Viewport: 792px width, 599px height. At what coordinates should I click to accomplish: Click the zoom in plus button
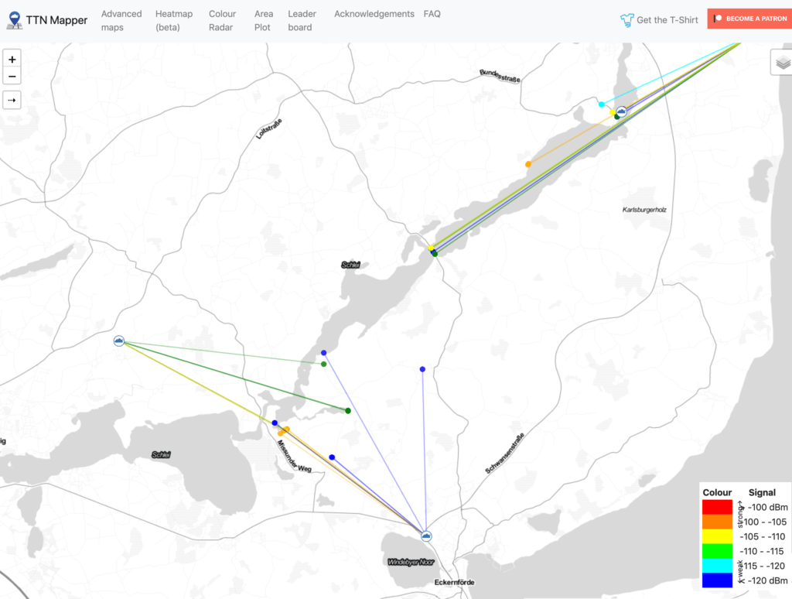(12, 60)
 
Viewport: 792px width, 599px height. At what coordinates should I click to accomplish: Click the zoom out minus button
(12, 77)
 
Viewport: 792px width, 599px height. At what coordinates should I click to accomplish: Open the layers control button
(783, 63)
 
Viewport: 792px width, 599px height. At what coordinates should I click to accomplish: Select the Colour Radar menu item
(223, 20)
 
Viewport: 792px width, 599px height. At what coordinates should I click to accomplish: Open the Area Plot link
(264, 20)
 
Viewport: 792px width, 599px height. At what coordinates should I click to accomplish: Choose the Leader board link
(302, 20)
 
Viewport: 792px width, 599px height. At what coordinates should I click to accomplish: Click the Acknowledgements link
(374, 14)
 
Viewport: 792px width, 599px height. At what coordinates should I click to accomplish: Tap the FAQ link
(432, 14)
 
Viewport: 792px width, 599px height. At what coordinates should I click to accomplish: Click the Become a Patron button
(746, 19)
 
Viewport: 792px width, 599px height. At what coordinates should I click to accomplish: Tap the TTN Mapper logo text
(56, 19)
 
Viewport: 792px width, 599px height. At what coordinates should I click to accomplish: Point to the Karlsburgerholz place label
(644, 210)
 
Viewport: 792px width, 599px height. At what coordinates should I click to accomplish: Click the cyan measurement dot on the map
(601, 104)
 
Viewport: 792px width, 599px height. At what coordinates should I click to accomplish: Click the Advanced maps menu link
(121, 20)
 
